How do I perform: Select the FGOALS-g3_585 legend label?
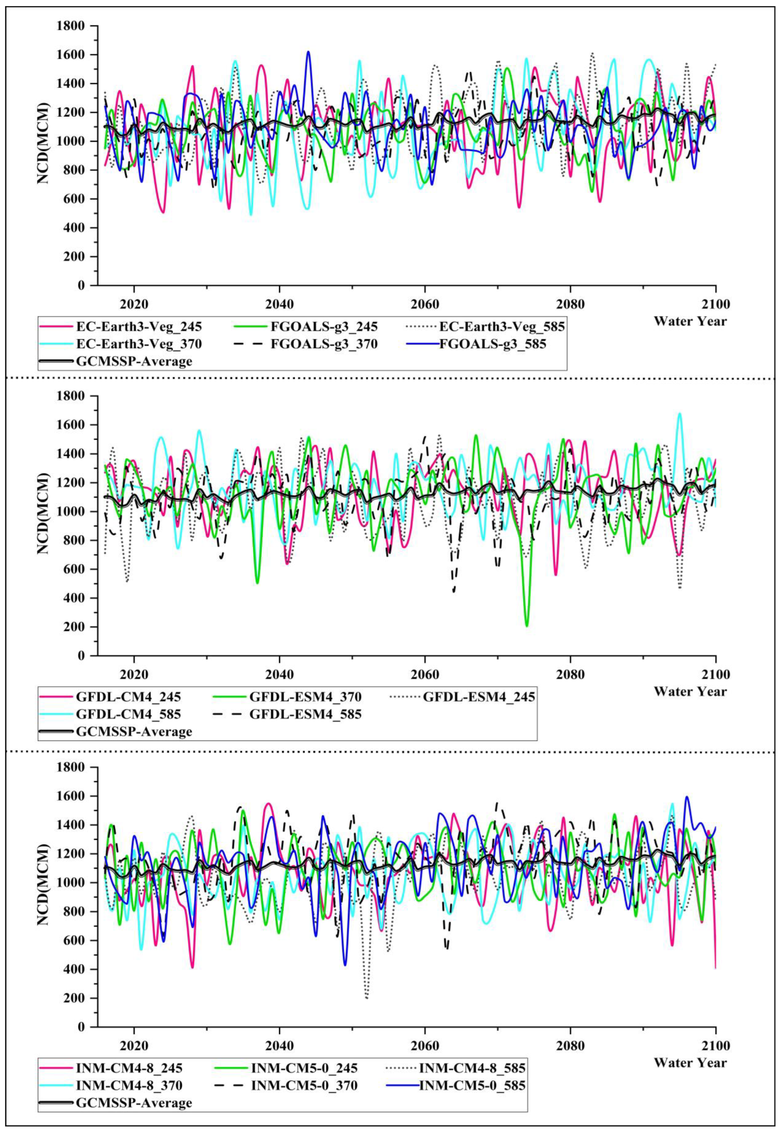[492, 344]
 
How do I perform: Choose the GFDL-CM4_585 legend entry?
[128, 714]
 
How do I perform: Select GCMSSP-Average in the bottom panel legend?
[134, 1103]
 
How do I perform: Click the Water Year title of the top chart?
[690, 321]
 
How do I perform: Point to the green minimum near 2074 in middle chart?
[527, 626]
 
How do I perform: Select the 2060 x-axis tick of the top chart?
[424, 304]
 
